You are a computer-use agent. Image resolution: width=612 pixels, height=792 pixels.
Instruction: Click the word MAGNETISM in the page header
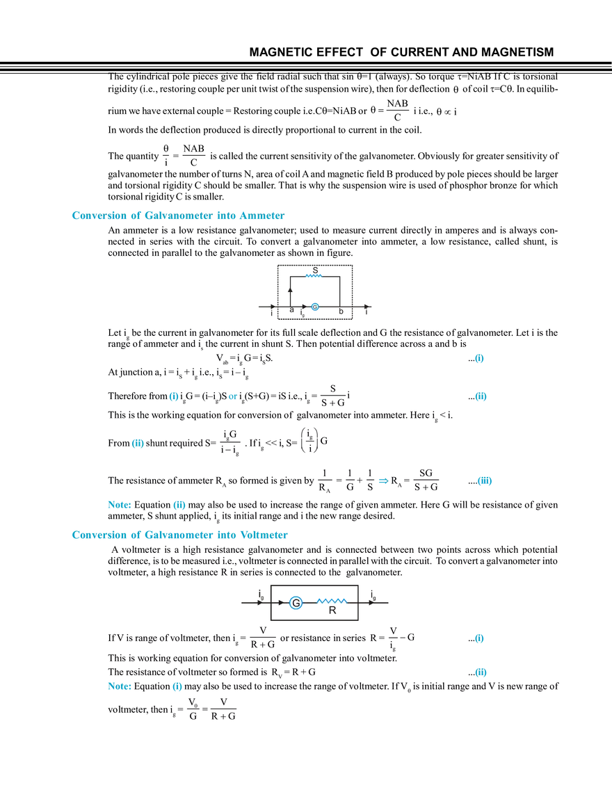517,52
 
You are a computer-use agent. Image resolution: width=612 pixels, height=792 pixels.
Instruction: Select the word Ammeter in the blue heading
261,215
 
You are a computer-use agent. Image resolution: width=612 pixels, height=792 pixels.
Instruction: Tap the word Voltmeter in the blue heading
264,535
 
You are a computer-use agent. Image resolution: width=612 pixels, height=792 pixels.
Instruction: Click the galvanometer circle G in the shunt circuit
315,307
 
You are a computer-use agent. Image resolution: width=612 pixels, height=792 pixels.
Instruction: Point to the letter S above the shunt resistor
315,270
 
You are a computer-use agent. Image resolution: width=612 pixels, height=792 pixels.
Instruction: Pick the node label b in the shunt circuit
341,312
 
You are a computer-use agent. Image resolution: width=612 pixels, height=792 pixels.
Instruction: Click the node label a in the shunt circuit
291,309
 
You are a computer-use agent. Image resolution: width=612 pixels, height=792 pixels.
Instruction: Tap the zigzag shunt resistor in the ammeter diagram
314,276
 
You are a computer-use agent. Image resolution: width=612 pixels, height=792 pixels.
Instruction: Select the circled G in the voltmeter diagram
296,603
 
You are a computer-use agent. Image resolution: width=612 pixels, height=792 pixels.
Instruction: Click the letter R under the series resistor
332,610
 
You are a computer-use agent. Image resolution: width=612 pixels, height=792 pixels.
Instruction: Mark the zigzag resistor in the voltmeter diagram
332,601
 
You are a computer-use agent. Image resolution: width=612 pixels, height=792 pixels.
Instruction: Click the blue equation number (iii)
484,480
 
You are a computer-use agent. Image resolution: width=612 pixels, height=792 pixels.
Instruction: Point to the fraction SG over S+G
426,480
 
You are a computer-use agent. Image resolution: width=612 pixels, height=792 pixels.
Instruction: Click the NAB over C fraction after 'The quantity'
193,156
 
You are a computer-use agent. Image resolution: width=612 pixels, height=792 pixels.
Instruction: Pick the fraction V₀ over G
193,709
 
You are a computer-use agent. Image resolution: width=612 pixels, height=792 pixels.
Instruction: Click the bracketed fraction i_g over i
309,440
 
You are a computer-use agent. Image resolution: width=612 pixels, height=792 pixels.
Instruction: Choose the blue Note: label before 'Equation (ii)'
119,505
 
